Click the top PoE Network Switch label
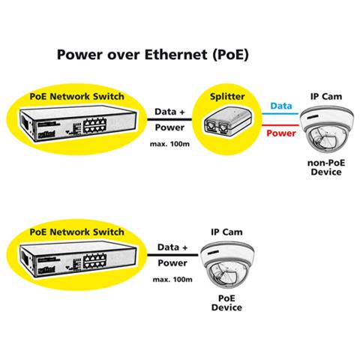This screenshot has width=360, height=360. point(76,96)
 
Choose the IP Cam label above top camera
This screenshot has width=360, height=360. point(325,98)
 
